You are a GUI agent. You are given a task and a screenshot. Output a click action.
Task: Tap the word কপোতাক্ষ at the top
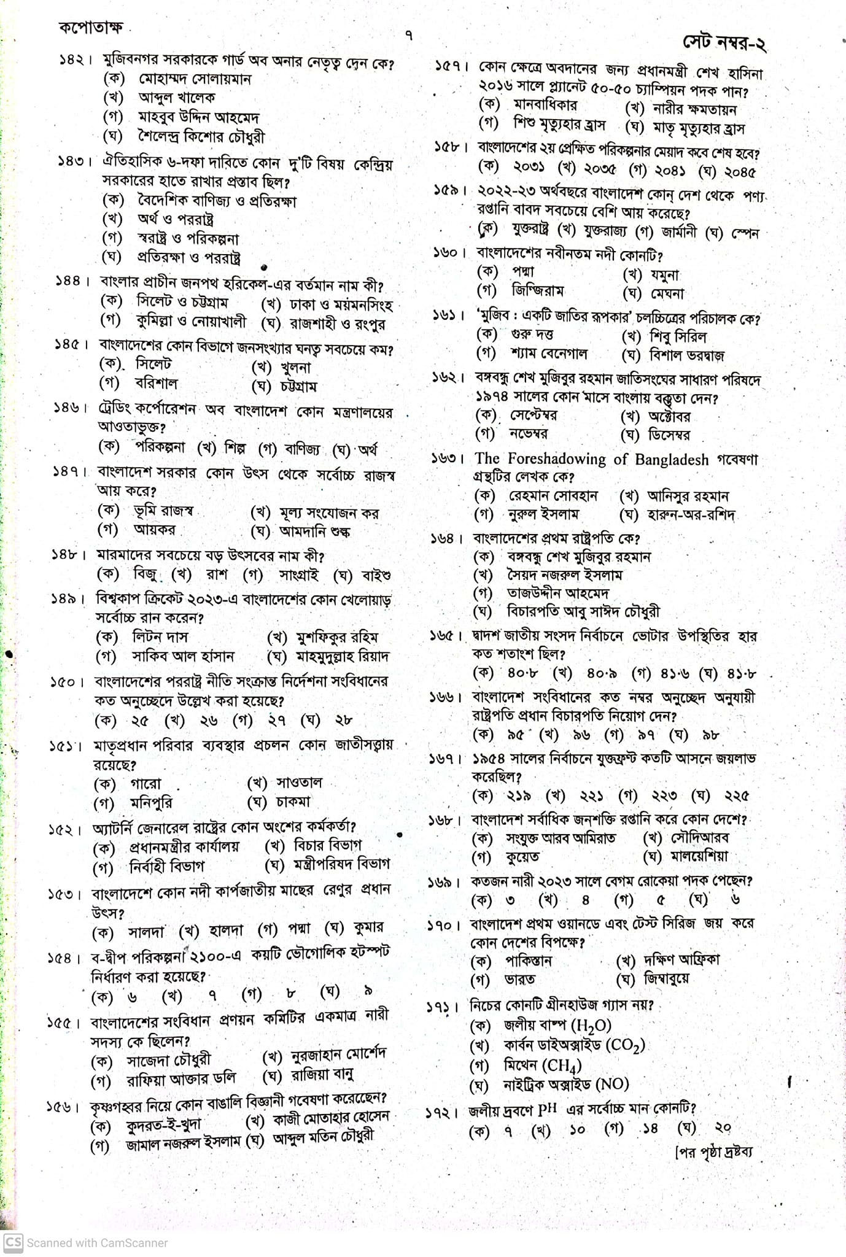point(91,28)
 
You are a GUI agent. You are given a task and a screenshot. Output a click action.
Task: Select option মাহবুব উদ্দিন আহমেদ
point(198,117)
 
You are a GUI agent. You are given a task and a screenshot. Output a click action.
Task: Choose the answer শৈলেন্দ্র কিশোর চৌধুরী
point(201,136)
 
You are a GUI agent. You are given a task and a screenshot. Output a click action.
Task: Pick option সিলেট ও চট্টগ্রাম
point(182,302)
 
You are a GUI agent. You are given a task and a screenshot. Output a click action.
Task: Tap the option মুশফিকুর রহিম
point(337,638)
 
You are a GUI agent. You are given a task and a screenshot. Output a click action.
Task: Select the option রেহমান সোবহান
point(553,496)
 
